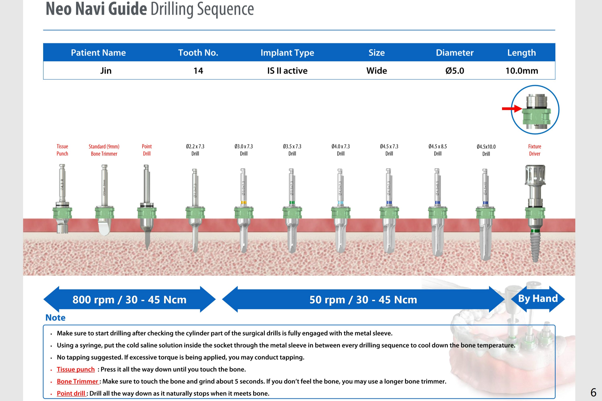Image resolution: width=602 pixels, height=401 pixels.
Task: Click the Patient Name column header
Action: [x=98, y=53]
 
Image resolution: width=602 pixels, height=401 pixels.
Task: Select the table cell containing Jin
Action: [x=106, y=71]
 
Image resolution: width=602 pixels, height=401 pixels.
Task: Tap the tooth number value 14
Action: [x=198, y=71]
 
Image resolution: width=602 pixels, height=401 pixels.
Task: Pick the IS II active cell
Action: [x=287, y=71]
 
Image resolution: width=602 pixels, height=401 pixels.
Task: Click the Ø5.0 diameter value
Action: [x=455, y=71]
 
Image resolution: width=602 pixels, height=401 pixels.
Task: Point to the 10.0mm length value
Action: [x=522, y=71]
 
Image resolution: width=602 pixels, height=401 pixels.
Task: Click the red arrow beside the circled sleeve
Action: [x=512, y=109]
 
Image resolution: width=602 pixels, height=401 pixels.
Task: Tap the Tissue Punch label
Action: [x=62, y=150]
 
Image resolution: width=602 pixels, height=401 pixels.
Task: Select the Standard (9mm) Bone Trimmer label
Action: [x=104, y=150]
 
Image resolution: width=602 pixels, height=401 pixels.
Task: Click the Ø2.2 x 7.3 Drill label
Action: [x=195, y=150]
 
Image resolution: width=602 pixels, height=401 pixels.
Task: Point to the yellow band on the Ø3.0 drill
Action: [x=244, y=203]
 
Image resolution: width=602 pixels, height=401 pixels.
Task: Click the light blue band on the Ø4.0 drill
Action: [x=340, y=203]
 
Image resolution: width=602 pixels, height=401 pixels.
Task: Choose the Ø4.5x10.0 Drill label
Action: [x=486, y=150]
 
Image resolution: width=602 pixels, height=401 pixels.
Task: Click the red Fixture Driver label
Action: [x=535, y=150]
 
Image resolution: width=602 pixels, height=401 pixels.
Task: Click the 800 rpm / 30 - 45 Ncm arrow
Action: [x=130, y=299]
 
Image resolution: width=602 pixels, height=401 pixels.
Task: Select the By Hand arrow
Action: [x=538, y=299]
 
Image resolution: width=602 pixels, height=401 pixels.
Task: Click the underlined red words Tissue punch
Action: [x=76, y=369]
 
